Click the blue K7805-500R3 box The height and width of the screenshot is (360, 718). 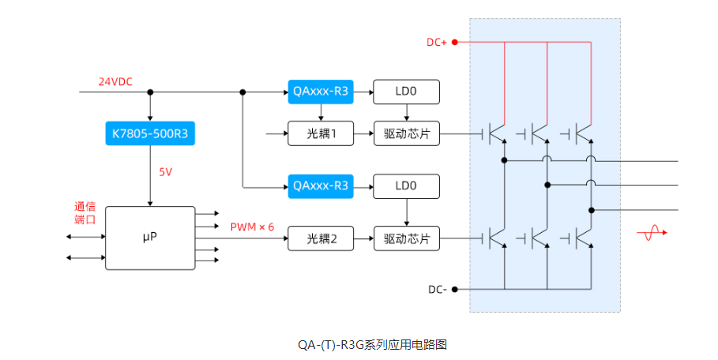(149, 133)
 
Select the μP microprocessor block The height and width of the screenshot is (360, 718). (149, 238)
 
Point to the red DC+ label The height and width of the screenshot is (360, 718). (437, 42)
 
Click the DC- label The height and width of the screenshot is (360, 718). (437, 289)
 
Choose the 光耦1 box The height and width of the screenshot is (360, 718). (321, 133)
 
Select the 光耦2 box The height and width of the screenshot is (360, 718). (321, 238)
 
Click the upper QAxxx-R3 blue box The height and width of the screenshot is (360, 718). (321, 92)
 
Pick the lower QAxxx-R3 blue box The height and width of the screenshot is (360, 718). (321, 186)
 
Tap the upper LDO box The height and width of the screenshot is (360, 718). (406, 92)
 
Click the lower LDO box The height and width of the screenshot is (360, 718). (406, 186)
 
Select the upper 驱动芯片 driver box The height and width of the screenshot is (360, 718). (406, 133)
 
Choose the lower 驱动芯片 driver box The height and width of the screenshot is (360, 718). (406, 238)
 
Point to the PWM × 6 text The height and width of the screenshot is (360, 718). (252, 227)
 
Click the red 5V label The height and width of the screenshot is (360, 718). (165, 171)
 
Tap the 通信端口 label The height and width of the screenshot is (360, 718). (85, 212)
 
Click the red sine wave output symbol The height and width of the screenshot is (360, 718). (653, 233)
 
